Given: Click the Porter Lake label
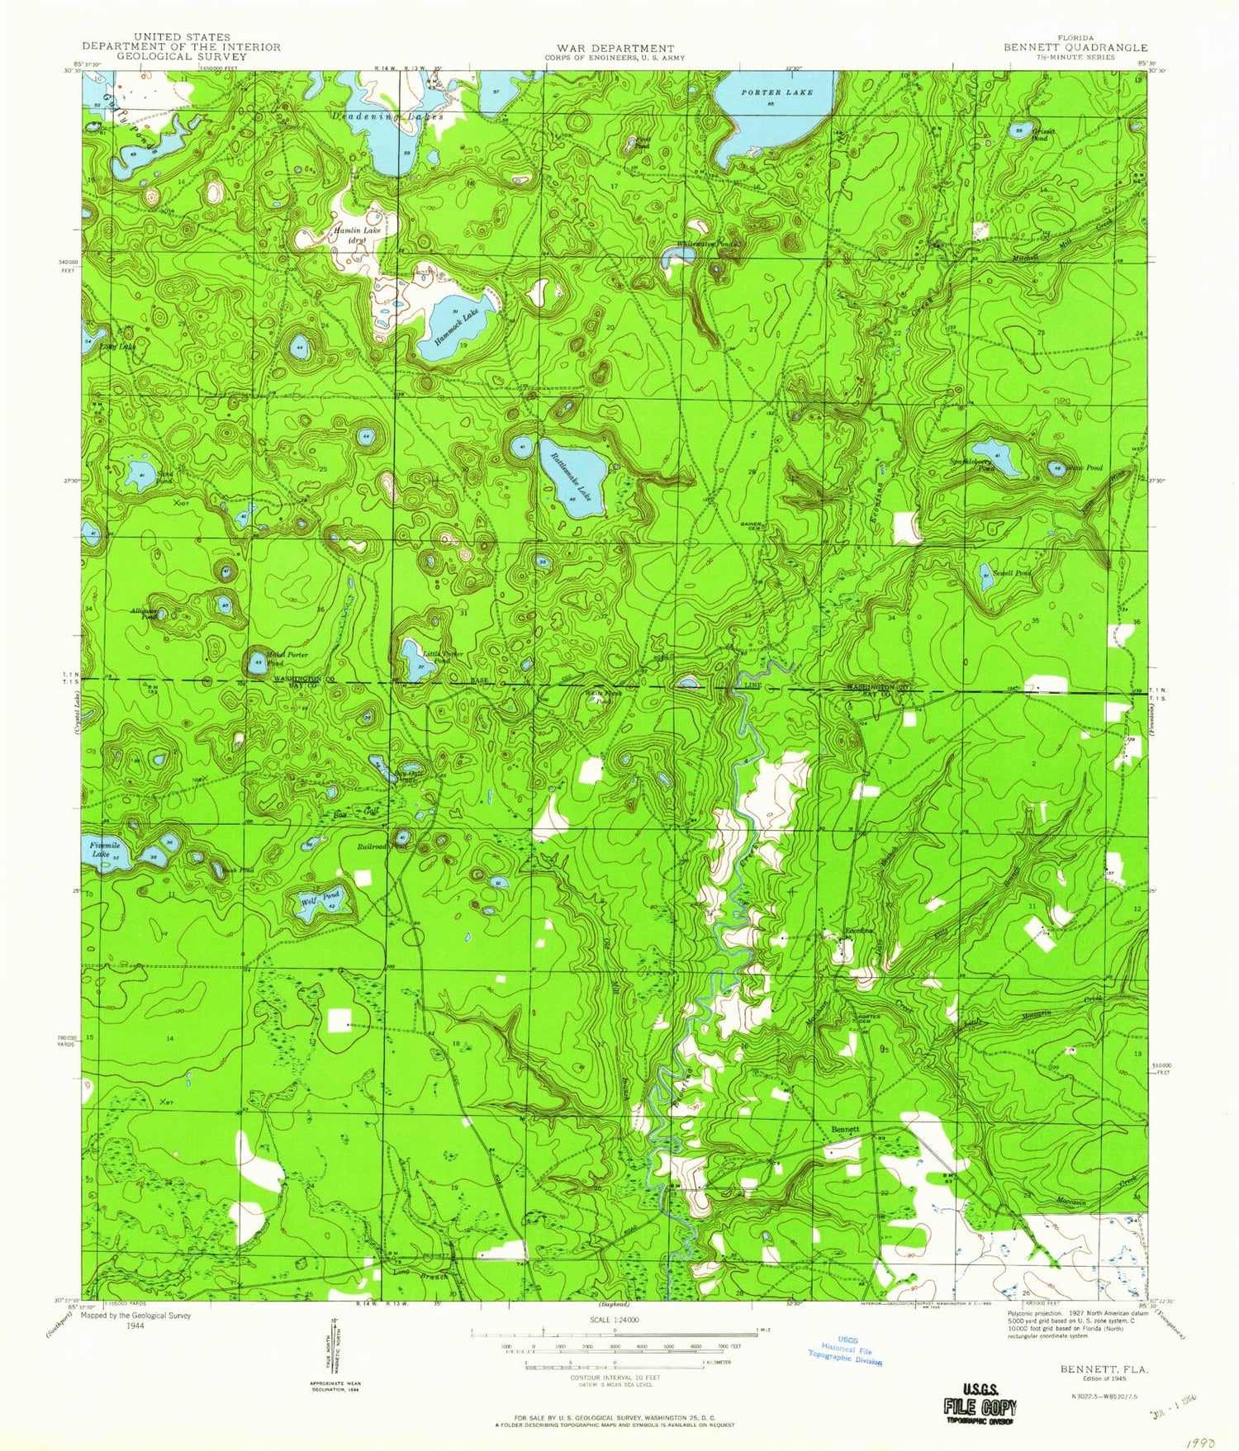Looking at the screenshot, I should coord(776,92).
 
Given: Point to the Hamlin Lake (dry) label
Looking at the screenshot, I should coord(357,235).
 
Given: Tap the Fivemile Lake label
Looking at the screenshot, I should coord(101,849).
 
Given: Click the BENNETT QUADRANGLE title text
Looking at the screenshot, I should coord(1075,48).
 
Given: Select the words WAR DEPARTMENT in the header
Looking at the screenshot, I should coord(615,49).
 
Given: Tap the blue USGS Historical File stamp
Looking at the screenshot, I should coord(845,1351).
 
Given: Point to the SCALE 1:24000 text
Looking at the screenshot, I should coord(615,1320).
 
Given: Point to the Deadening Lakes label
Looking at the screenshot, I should coord(388,116).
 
